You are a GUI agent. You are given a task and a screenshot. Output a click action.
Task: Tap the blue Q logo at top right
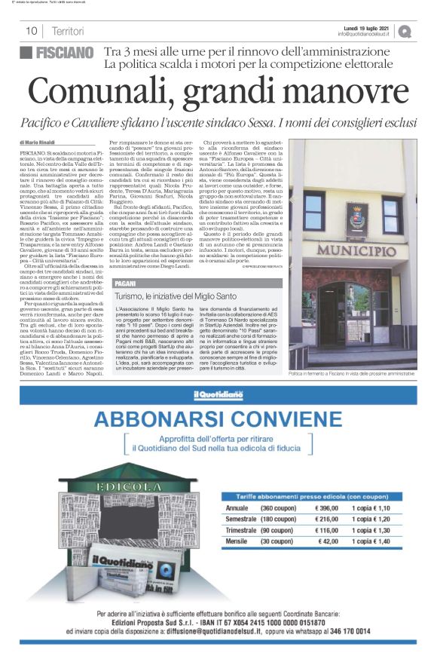[406, 31]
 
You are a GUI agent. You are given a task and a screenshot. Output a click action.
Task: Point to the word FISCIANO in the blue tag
[65, 53]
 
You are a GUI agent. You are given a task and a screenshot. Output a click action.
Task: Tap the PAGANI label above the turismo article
[127, 304]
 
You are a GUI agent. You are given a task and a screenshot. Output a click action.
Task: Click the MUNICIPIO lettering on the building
[356, 250]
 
